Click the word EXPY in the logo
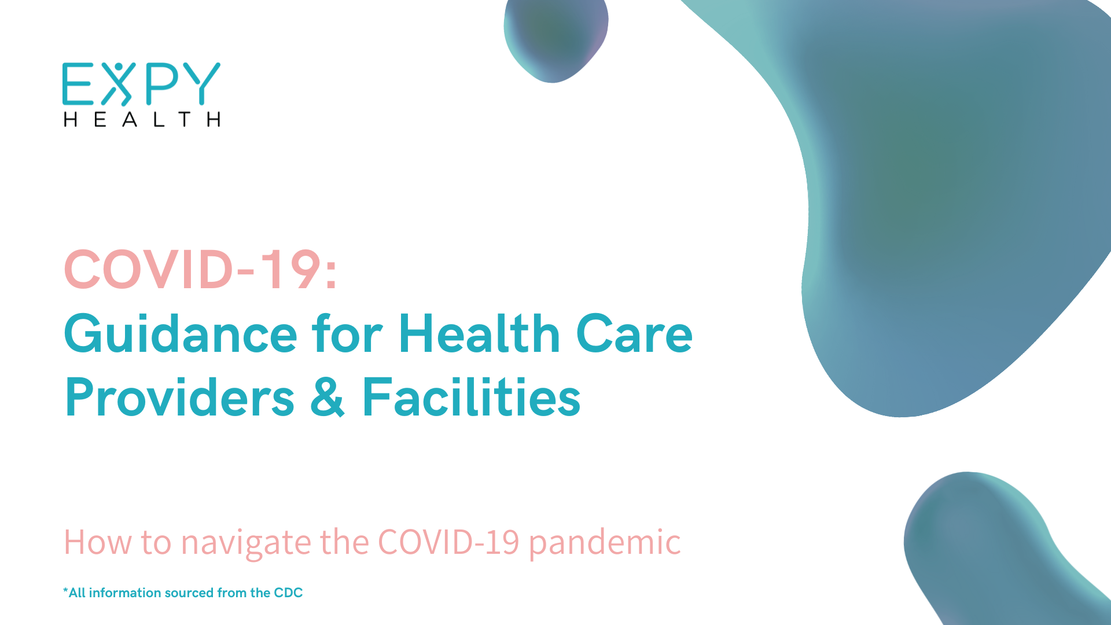[x=141, y=84]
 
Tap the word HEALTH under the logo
[x=142, y=119]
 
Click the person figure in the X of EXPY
[x=119, y=84]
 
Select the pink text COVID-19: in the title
[x=200, y=269]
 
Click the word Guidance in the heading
[x=181, y=333]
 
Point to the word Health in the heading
[x=480, y=333]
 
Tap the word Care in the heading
[x=634, y=334]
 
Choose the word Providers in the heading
[x=179, y=397]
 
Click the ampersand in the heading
[x=328, y=397]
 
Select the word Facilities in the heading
[x=472, y=397]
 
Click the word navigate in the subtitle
[x=247, y=543]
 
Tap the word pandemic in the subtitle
[x=605, y=542]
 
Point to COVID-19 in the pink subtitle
[x=448, y=542]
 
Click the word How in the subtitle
[x=98, y=542]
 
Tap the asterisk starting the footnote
[x=65, y=590]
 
